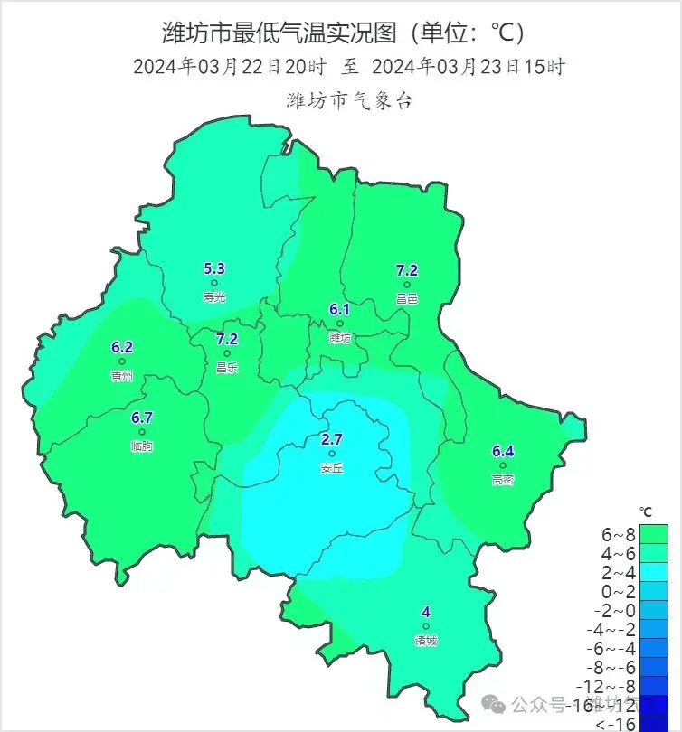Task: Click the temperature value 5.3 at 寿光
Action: point(214,267)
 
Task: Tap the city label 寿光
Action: point(214,296)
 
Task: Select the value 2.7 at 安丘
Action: point(332,439)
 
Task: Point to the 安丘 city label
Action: point(332,468)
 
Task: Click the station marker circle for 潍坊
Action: point(340,323)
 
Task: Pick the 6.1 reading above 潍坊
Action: point(339,309)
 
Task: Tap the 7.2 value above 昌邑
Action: point(407,270)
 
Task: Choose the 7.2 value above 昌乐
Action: point(227,339)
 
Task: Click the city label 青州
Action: point(122,375)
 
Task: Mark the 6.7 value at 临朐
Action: point(142,418)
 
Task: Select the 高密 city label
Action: point(503,480)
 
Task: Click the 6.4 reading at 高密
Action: point(503,451)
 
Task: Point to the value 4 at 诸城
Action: point(426,612)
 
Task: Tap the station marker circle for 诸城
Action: point(426,626)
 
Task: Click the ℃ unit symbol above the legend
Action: point(645,511)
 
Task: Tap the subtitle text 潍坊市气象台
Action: point(349,100)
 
